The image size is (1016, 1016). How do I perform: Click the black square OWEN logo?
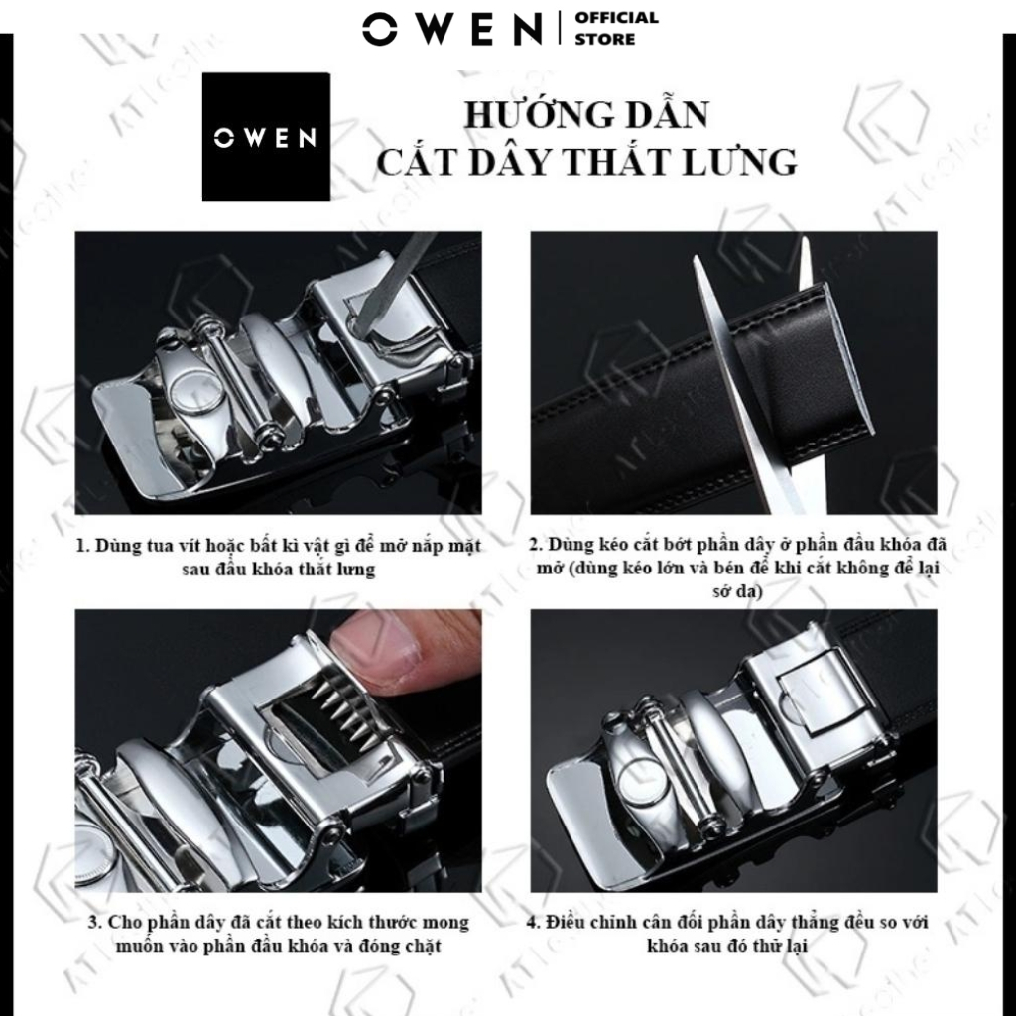(266, 137)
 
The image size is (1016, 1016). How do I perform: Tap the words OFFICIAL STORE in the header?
(616, 29)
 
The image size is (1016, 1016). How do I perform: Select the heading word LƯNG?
(744, 162)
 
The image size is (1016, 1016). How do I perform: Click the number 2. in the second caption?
(535, 544)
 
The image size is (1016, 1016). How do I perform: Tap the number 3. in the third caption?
(94, 922)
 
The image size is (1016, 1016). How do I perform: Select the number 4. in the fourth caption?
(533, 922)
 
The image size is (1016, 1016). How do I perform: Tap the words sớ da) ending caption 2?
(737, 591)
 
